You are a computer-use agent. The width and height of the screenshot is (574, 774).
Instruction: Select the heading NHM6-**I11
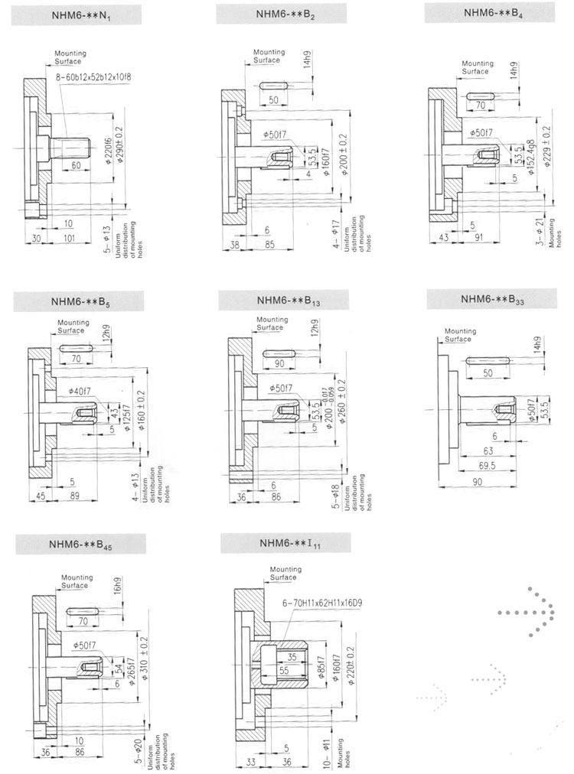coord(284,544)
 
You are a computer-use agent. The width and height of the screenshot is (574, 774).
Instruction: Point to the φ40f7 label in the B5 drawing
coord(79,391)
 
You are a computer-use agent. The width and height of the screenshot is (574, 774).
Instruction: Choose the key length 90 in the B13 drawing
coord(279,363)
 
